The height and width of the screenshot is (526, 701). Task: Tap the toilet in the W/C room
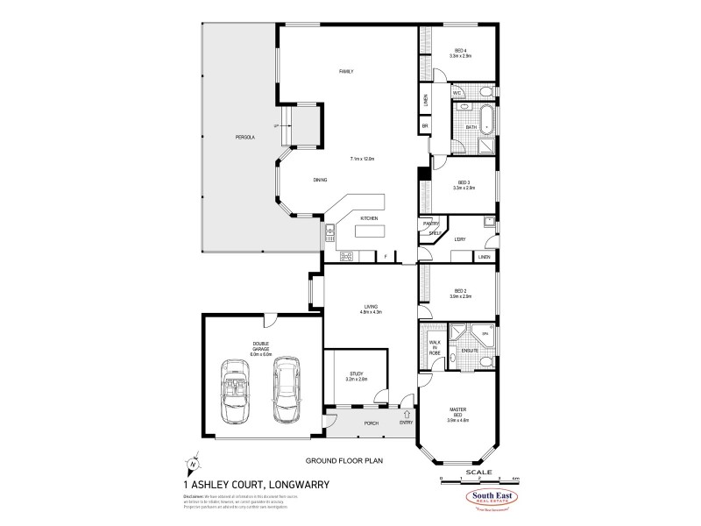coord(485,91)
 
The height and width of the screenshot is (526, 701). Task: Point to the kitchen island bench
coord(370,232)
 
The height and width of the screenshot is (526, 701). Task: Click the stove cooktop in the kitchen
coord(345,256)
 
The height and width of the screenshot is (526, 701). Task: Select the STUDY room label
coord(356,375)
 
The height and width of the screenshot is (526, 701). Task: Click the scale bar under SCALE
coord(478,480)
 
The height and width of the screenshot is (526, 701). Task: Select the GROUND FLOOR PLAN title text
coord(343,459)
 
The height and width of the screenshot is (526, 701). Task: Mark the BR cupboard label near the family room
coord(424,126)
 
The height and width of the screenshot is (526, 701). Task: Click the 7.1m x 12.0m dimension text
coord(362,159)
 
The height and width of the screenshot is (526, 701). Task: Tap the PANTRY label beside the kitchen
coord(431,224)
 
